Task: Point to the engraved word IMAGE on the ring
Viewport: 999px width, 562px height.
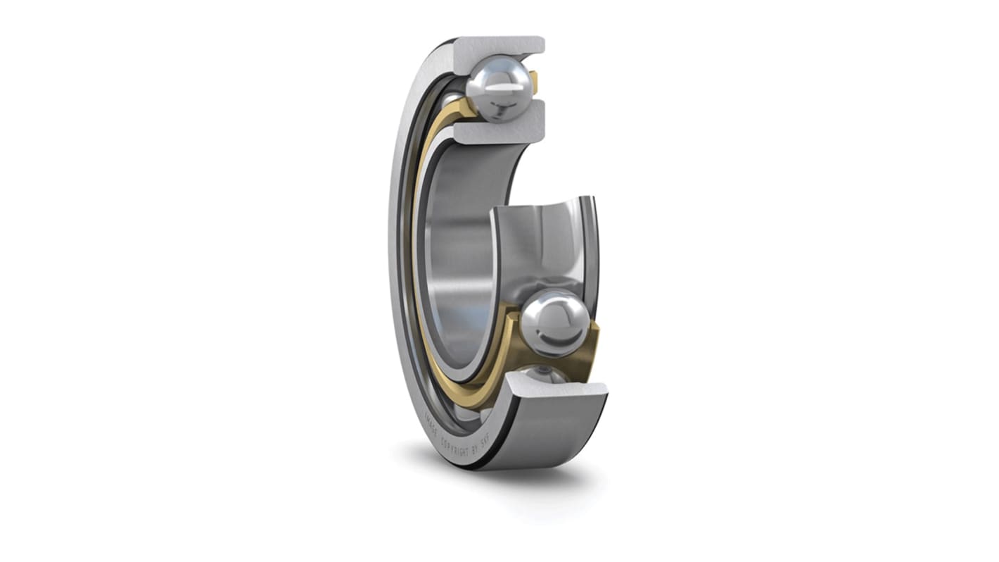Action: [431, 425]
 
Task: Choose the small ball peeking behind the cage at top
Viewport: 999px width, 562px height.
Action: [453, 99]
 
